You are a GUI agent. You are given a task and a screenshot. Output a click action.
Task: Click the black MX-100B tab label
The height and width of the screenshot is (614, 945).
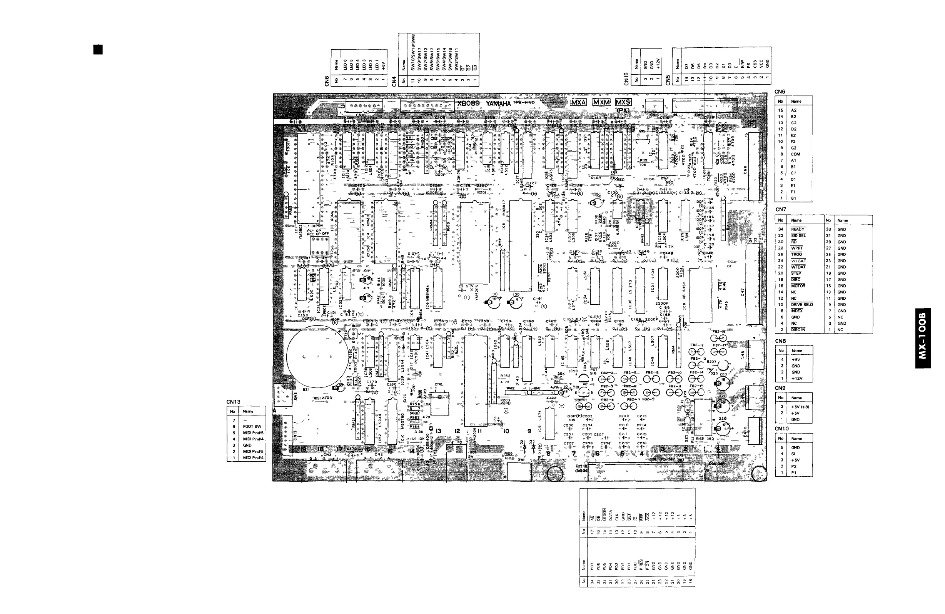tap(923, 338)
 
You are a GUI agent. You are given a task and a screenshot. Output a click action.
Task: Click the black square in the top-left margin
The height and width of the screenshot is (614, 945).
tap(98, 50)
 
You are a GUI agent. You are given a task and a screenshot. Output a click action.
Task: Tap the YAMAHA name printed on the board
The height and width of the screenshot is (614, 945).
tap(498, 103)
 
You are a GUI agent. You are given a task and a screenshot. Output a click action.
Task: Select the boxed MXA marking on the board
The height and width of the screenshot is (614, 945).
tap(578, 102)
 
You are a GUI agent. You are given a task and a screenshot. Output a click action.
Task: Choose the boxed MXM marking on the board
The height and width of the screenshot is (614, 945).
tap(601, 102)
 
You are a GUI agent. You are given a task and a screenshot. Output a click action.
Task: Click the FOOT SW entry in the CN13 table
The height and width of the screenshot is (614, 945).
tap(252, 427)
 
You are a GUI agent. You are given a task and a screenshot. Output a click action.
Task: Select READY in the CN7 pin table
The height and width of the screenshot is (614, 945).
tap(797, 229)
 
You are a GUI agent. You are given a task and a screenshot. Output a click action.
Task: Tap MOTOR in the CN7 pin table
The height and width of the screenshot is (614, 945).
tap(798, 286)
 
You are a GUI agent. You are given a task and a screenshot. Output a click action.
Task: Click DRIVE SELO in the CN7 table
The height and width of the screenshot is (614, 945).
tap(801, 305)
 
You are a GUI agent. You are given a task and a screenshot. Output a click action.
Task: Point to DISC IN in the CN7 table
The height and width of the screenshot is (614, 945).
tap(798, 330)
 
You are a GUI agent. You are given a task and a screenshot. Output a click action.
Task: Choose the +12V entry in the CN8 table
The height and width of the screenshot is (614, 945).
tap(796, 379)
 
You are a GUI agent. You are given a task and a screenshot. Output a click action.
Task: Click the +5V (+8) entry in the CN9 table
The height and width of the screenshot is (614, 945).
tap(800, 407)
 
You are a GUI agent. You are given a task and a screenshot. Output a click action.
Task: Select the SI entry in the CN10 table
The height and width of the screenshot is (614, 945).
tap(793, 454)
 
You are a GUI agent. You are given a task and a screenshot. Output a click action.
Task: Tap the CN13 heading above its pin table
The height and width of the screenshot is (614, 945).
tap(234, 402)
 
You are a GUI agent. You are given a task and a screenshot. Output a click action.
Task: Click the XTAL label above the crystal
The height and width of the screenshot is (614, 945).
tap(439, 385)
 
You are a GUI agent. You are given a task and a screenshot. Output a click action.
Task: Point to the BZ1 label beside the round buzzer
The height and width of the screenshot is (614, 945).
tap(306, 390)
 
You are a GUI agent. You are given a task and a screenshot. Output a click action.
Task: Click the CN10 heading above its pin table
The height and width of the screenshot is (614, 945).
tap(782, 429)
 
